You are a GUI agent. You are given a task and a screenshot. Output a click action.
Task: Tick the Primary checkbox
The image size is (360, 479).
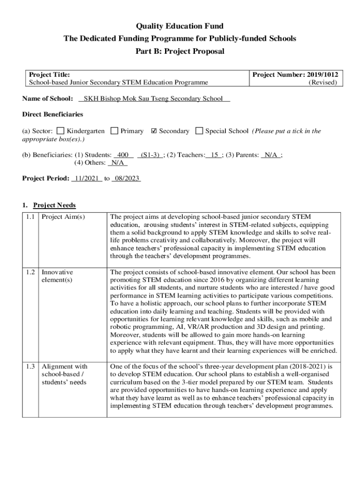coord(114,131)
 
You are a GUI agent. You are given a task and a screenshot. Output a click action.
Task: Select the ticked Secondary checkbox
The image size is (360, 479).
coord(154,131)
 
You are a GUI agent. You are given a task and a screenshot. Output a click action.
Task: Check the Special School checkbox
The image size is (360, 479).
coord(199,131)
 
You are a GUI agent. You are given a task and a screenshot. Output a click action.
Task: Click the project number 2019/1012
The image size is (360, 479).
coord(323,74)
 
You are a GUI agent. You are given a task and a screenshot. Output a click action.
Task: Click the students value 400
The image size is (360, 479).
coord(123,155)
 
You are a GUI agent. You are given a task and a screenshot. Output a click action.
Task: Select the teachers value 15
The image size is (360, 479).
coord(215,155)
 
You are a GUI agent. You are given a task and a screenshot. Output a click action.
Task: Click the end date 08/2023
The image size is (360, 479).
coord(126,179)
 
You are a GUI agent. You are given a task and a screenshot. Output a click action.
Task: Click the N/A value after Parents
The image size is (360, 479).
coord(271,155)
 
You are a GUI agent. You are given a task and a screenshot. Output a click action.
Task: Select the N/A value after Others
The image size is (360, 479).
coord(117,163)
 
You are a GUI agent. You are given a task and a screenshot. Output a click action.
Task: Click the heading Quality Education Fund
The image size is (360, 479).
coord(180,26)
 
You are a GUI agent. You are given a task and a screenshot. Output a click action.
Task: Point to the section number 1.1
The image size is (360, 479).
coord(31,217)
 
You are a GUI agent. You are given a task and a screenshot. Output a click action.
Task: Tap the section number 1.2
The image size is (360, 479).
coord(31,272)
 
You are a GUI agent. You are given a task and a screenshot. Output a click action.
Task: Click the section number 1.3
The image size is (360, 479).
coord(31,366)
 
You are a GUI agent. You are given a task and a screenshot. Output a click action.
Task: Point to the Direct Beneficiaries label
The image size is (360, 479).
coord(53,115)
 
